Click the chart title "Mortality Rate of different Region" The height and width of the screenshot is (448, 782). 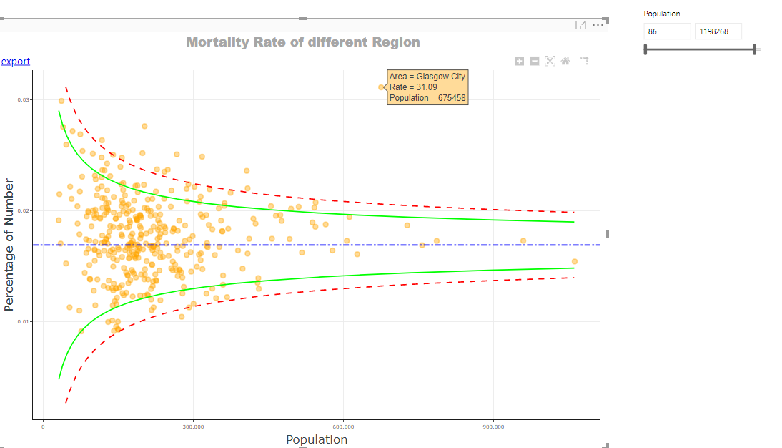303,42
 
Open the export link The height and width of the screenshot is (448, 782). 15,62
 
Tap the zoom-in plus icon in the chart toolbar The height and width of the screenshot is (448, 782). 520,62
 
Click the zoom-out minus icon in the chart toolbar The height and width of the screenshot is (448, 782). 535,62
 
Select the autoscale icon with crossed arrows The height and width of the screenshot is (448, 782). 550,62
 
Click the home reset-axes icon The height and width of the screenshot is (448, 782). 565,62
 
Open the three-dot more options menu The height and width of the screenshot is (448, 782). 598,25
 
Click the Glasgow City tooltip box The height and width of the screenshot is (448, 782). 427,87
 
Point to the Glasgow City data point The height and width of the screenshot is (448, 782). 381,87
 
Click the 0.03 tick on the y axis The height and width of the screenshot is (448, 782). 24,100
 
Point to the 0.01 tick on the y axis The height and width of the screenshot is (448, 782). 24,322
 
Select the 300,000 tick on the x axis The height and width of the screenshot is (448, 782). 193,427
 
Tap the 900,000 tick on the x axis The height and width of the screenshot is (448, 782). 493,427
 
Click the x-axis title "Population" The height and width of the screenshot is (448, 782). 317,439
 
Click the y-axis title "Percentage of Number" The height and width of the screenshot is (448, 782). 9,245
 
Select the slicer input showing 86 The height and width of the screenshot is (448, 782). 667,31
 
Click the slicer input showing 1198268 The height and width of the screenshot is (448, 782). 717,31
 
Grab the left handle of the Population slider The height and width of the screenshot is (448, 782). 645,49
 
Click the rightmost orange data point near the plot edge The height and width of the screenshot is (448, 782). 574,261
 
